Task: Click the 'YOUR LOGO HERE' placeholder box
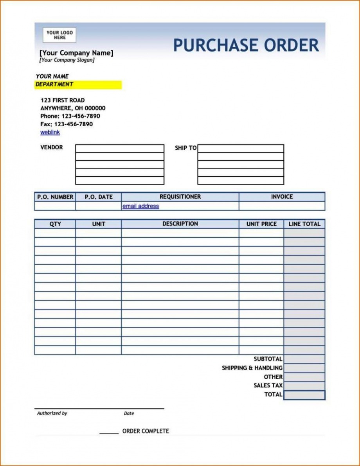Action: [x=59, y=35]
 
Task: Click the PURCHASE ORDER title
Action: [x=246, y=45]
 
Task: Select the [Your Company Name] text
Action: [x=76, y=53]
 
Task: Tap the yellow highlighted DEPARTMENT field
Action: [x=78, y=84]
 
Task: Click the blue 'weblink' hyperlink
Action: [x=50, y=132]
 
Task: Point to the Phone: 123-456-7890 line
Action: [x=70, y=116]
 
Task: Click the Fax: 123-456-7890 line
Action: [x=67, y=124]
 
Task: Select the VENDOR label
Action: [x=51, y=147]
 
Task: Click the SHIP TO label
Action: [x=185, y=148]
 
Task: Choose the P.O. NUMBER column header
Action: [x=55, y=197]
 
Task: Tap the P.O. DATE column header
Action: [x=99, y=197]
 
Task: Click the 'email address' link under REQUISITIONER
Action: [x=140, y=206]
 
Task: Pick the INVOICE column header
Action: [x=282, y=197]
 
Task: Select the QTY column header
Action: [x=55, y=224]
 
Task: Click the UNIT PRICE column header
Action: [x=261, y=224]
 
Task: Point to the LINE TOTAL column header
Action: [x=304, y=224]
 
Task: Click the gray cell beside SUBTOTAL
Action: [x=304, y=359]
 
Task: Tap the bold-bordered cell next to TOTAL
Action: [x=304, y=395]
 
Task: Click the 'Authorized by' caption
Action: [x=52, y=413]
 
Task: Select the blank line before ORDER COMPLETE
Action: [x=109, y=432]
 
